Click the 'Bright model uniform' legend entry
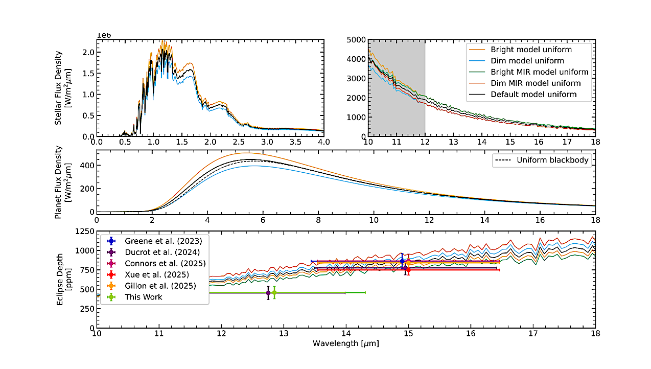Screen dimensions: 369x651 tap(531, 50)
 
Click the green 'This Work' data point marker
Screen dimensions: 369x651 tap(274, 292)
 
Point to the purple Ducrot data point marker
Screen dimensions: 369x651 tap(268, 293)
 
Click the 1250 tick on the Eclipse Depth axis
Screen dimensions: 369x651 tap(84, 231)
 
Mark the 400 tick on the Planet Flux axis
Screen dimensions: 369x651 tap(87, 166)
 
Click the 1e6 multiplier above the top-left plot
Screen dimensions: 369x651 tap(104, 35)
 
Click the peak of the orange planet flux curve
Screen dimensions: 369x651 tap(249, 153)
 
